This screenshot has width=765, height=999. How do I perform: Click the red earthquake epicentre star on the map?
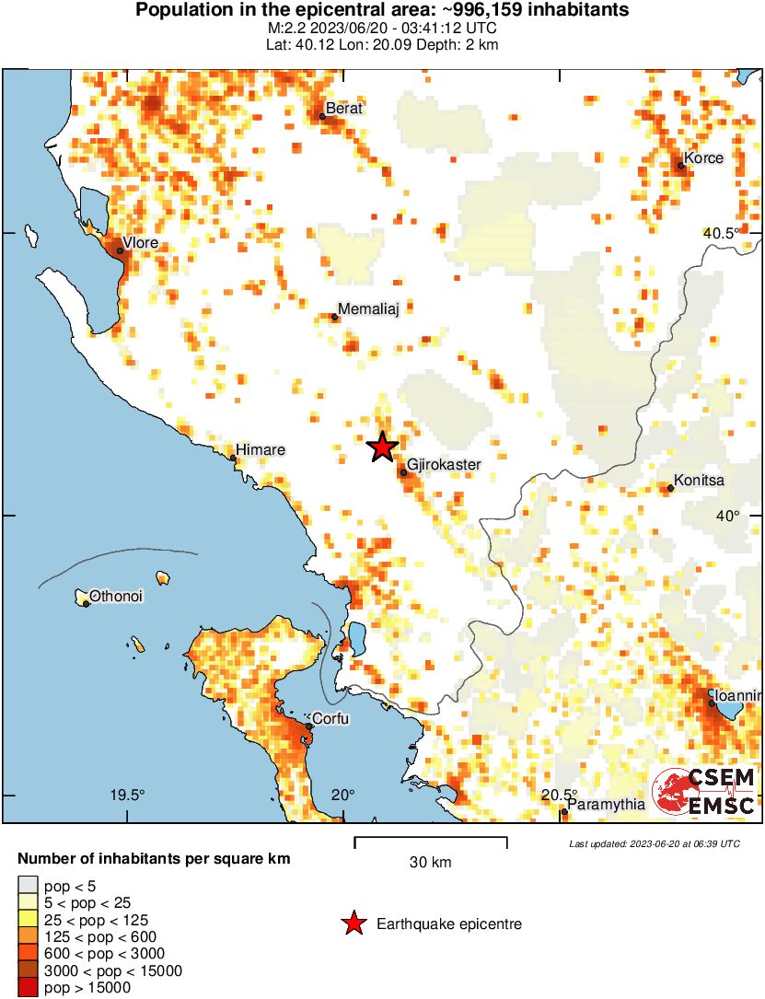(x=382, y=447)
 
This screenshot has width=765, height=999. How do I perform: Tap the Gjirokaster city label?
(x=444, y=465)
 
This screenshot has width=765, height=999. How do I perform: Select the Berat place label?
(x=344, y=109)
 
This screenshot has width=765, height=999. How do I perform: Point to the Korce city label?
(x=703, y=158)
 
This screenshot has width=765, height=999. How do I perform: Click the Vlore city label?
(x=140, y=243)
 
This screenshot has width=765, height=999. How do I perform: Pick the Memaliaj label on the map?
(x=368, y=309)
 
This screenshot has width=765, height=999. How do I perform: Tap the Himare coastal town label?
(x=261, y=450)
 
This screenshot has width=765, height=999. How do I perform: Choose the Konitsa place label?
(x=699, y=481)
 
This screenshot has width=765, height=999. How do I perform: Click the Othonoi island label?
(x=115, y=597)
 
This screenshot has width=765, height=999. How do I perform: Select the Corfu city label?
(x=330, y=718)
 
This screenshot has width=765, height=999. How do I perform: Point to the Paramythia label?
(x=606, y=804)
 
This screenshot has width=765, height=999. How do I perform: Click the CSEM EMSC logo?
(x=704, y=791)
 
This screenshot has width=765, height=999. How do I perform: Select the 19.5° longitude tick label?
(x=128, y=796)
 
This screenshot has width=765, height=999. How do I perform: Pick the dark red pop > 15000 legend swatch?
(x=29, y=988)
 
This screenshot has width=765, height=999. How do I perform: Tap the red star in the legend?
(x=354, y=923)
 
